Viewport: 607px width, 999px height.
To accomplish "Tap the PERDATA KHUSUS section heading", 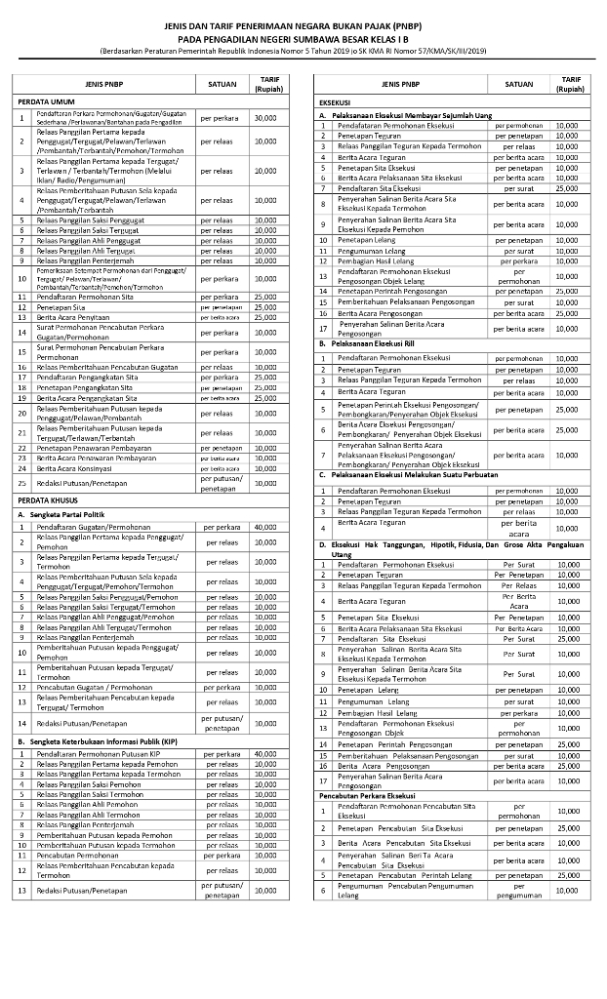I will click(x=47, y=500).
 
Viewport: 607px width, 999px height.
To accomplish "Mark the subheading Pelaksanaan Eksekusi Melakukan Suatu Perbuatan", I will click(x=410, y=474).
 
